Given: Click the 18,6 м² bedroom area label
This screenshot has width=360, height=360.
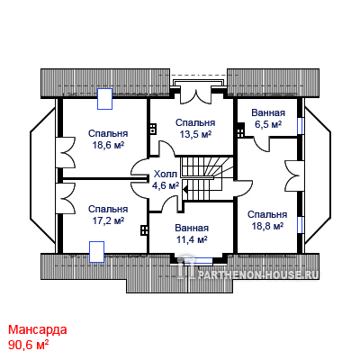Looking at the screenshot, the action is click(x=108, y=146).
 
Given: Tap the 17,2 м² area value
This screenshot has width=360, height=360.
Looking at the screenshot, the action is click(x=108, y=221).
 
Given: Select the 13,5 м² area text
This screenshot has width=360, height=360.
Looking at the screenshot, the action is click(x=195, y=135).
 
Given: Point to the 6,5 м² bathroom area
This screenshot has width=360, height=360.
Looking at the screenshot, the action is click(x=268, y=124).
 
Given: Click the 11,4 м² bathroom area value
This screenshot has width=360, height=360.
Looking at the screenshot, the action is click(x=192, y=239).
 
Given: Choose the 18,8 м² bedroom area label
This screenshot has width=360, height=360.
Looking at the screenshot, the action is click(x=267, y=227).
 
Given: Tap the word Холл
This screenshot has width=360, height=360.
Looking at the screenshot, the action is click(x=166, y=175).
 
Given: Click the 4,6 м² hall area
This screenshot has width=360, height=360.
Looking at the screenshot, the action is click(x=166, y=186).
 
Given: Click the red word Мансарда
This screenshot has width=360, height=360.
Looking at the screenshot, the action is click(x=38, y=329).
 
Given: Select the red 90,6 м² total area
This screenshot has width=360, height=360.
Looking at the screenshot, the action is click(x=29, y=345).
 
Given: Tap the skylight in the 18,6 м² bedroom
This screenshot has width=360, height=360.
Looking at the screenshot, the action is click(x=104, y=99).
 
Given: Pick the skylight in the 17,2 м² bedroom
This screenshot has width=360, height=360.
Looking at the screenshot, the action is click(x=96, y=251).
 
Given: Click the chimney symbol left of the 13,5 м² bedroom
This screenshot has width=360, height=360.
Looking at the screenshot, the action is click(x=153, y=129).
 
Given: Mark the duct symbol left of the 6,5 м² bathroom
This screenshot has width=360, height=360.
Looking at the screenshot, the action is click(x=241, y=130).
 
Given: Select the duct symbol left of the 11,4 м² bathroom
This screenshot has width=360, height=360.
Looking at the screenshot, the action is click(x=144, y=230).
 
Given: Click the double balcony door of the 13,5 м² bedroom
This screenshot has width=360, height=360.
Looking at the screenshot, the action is click(x=196, y=96).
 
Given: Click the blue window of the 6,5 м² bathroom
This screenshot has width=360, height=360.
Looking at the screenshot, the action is click(x=299, y=126).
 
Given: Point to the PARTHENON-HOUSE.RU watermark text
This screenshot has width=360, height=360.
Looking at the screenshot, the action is click(x=257, y=274).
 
